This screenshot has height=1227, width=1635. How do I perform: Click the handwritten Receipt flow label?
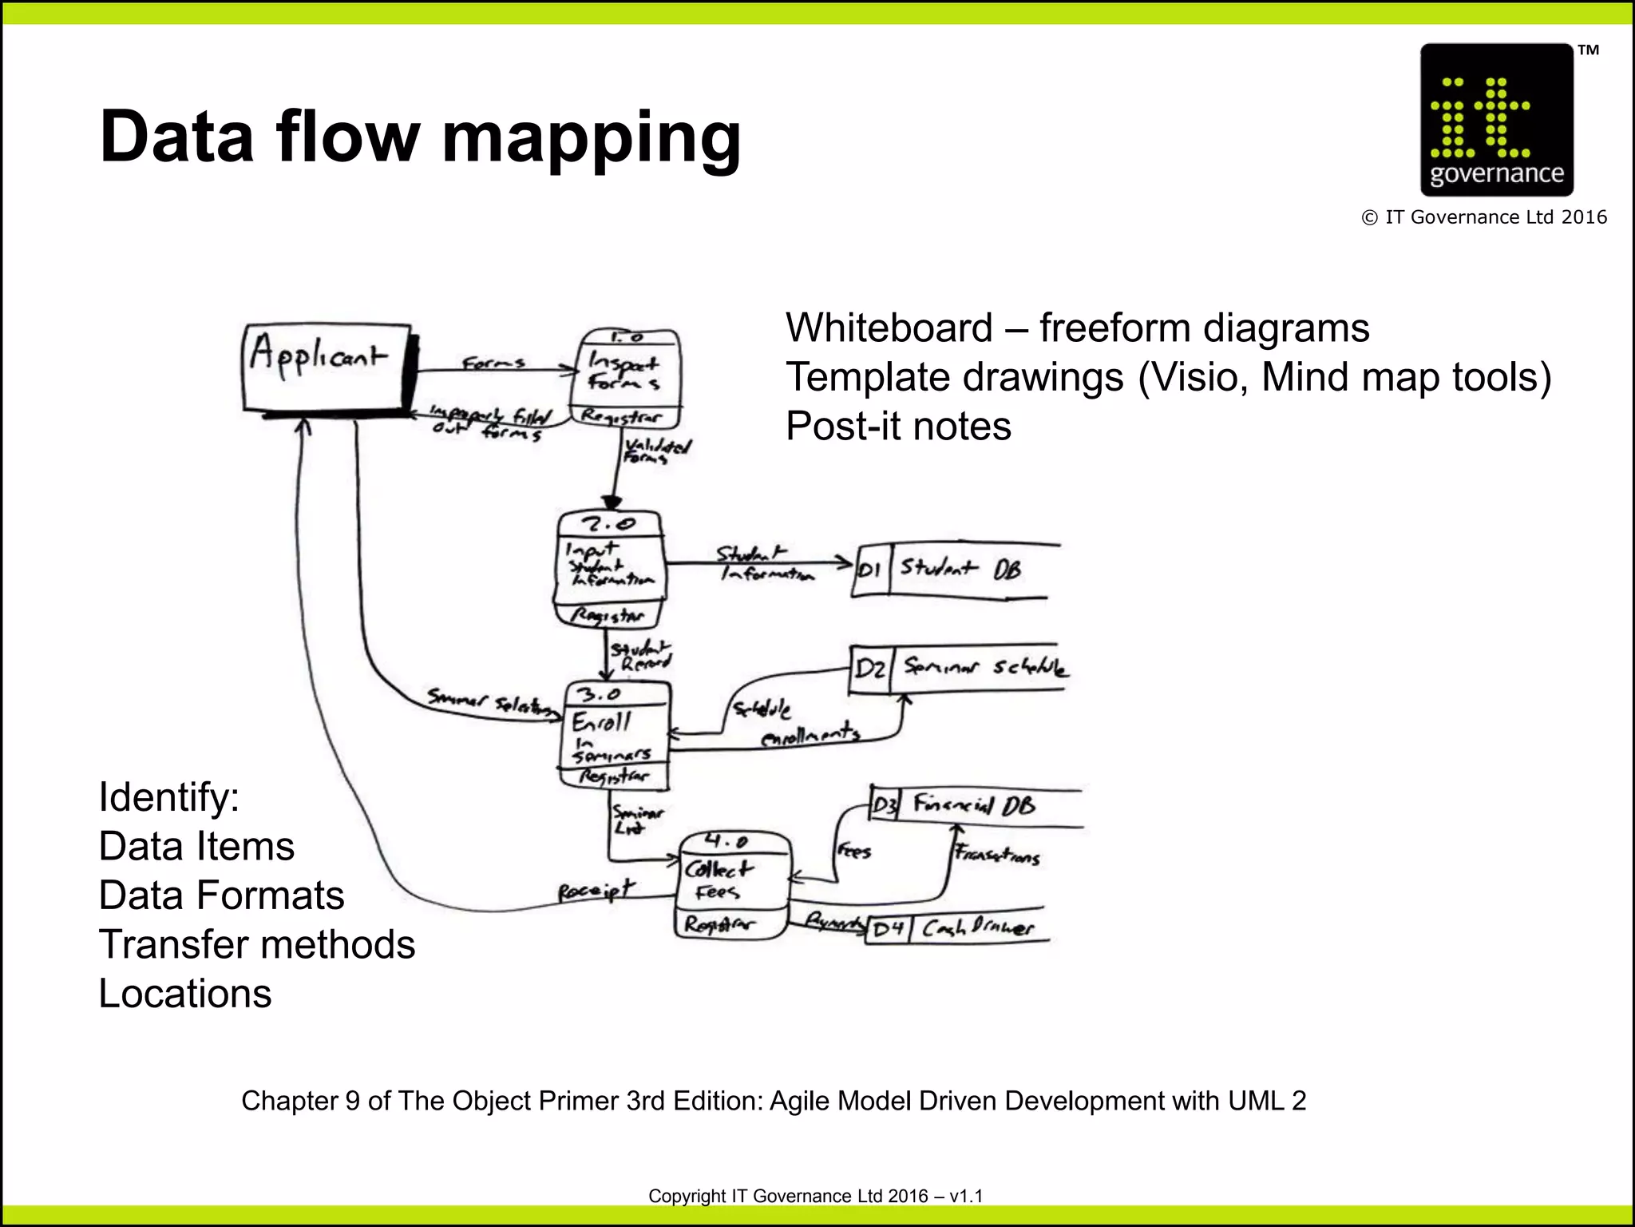(x=596, y=891)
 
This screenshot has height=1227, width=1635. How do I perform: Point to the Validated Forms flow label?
(x=656, y=451)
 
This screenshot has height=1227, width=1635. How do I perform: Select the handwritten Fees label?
(x=854, y=852)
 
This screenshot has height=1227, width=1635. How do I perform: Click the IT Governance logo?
(x=1496, y=120)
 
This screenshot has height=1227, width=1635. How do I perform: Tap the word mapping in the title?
(x=592, y=137)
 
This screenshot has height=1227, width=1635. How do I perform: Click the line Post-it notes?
(x=898, y=427)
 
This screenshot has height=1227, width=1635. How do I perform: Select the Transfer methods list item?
(x=256, y=945)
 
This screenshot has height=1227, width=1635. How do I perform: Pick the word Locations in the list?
(x=185, y=995)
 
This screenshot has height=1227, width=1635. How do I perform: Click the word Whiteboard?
(x=889, y=328)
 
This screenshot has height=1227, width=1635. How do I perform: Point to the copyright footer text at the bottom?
(x=815, y=1196)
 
